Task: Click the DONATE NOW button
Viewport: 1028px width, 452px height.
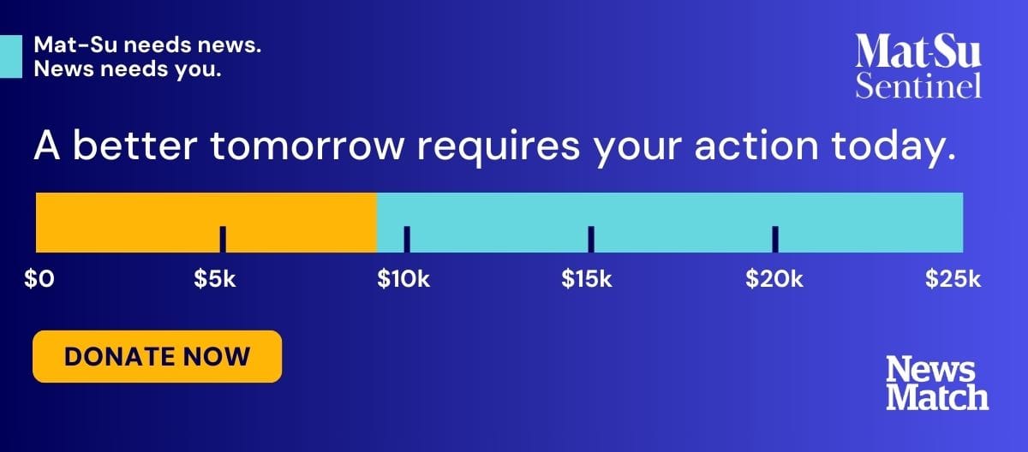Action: [x=158, y=357]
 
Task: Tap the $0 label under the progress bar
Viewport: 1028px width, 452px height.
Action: [x=39, y=279]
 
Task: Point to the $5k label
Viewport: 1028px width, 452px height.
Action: [x=215, y=279]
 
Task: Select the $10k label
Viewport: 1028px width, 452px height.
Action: [x=403, y=279]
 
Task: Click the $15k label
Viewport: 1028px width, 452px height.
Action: [x=587, y=279]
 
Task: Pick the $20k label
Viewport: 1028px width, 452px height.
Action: [x=774, y=279]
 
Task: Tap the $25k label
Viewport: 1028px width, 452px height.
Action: [x=953, y=279]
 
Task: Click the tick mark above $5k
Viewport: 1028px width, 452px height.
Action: [x=223, y=240]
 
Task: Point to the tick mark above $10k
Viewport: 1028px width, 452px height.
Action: [x=407, y=240]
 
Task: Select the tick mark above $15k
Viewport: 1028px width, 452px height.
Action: [x=591, y=240]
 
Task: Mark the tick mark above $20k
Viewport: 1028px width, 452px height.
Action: [x=775, y=240]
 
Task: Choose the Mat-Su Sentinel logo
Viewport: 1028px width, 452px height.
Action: [x=918, y=66]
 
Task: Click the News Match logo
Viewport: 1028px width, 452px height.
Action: [x=937, y=383]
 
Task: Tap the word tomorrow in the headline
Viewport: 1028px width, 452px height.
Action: [x=308, y=146]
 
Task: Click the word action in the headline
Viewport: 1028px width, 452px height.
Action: [x=756, y=146]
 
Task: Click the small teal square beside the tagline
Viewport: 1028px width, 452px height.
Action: [x=11, y=56]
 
